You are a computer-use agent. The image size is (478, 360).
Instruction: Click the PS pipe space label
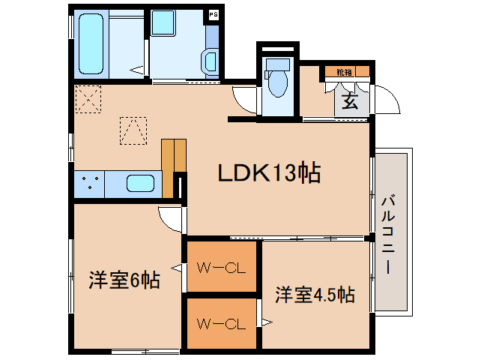click(214, 14)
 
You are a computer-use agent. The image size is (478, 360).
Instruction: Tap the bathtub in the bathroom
click(91, 43)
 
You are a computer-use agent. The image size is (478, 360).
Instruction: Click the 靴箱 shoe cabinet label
click(344, 72)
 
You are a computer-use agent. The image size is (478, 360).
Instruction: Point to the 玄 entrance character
click(350, 101)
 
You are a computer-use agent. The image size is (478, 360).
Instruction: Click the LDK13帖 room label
click(269, 173)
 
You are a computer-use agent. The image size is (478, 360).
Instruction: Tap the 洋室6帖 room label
click(124, 280)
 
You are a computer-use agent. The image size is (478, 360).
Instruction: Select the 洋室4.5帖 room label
click(315, 295)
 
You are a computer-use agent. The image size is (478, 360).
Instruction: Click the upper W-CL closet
click(222, 266)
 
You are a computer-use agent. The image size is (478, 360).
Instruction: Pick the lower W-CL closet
click(222, 323)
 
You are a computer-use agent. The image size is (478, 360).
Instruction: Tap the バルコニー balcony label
click(388, 235)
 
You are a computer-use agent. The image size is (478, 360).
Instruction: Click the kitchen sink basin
click(140, 184)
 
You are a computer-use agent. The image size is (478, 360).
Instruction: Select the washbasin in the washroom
click(210, 61)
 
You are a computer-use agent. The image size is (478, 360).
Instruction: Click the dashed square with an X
click(88, 99)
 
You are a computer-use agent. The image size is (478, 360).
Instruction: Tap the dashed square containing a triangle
click(133, 130)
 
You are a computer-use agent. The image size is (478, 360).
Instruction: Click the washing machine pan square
click(163, 22)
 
